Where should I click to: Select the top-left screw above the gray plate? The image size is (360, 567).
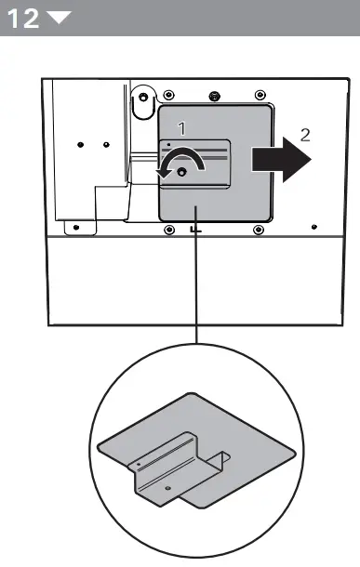coord(168,96)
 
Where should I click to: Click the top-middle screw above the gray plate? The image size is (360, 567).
coord(215,96)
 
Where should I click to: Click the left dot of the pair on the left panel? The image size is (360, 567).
coord(81,145)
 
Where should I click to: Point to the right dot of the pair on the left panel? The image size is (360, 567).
coord(106,145)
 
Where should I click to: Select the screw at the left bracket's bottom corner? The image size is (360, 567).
coord(72,224)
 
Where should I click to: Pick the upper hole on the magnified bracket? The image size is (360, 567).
coord(139,461)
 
